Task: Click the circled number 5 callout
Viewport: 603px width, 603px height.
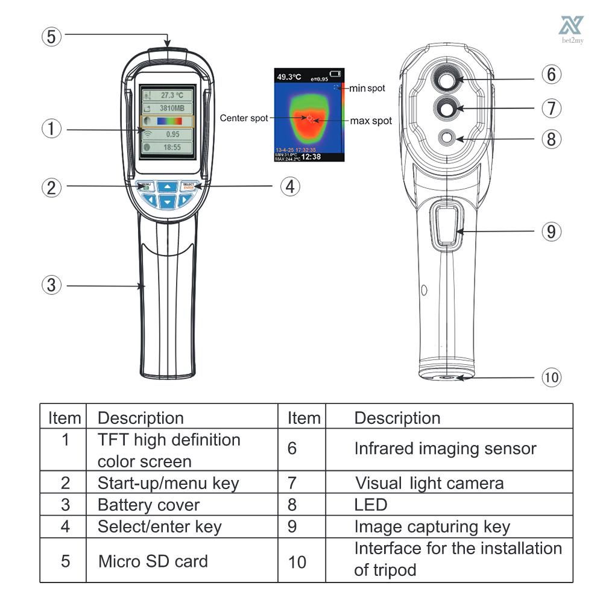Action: click(52, 36)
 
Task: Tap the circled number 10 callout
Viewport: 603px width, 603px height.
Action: click(551, 377)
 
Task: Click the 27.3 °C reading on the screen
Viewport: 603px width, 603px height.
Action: click(168, 95)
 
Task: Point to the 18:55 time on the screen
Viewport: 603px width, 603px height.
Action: click(168, 147)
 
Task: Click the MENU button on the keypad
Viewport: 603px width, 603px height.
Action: click(145, 186)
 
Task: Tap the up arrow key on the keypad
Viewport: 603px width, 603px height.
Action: click(168, 186)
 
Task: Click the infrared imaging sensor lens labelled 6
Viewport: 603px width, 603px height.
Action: click(447, 79)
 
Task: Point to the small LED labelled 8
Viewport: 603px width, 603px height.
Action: click(447, 138)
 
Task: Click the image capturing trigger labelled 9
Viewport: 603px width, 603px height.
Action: click(446, 227)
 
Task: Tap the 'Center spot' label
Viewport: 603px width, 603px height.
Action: click(244, 118)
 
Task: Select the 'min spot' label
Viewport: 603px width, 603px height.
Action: click(367, 89)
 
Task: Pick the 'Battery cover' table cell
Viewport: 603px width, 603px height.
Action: click(148, 504)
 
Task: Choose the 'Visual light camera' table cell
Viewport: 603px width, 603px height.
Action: click(429, 482)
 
